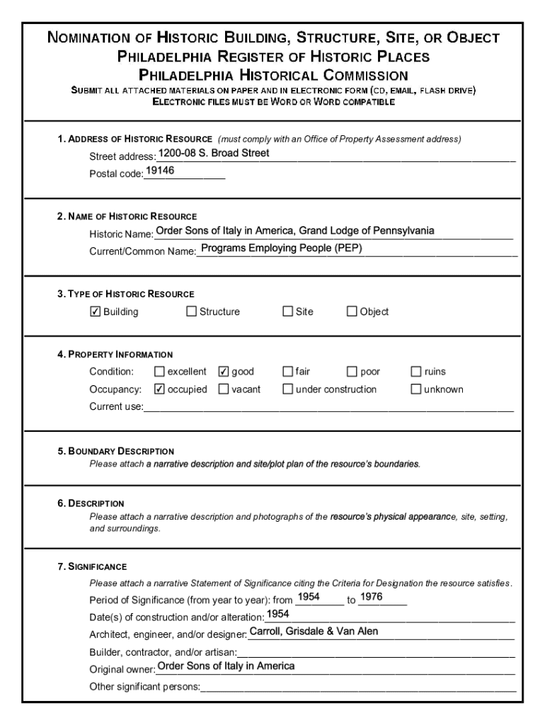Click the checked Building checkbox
pyautogui.click(x=96, y=312)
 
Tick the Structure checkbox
pyautogui.click(x=191, y=312)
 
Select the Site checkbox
pyautogui.click(x=288, y=312)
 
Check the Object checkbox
pyautogui.click(x=352, y=312)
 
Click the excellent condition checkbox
pyautogui.click(x=159, y=372)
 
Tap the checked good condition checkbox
pyautogui.click(x=224, y=372)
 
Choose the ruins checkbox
pyautogui.click(x=416, y=372)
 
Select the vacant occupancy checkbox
pyautogui.click(x=224, y=389)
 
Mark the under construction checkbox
pyautogui.click(x=288, y=389)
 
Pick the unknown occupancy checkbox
pyautogui.click(x=416, y=389)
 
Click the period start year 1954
pyautogui.click(x=309, y=598)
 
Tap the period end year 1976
pyautogui.click(x=372, y=598)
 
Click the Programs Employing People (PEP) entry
pyautogui.click(x=282, y=249)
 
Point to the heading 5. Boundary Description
pyautogui.click(x=116, y=451)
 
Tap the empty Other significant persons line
pyautogui.click(x=358, y=687)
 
